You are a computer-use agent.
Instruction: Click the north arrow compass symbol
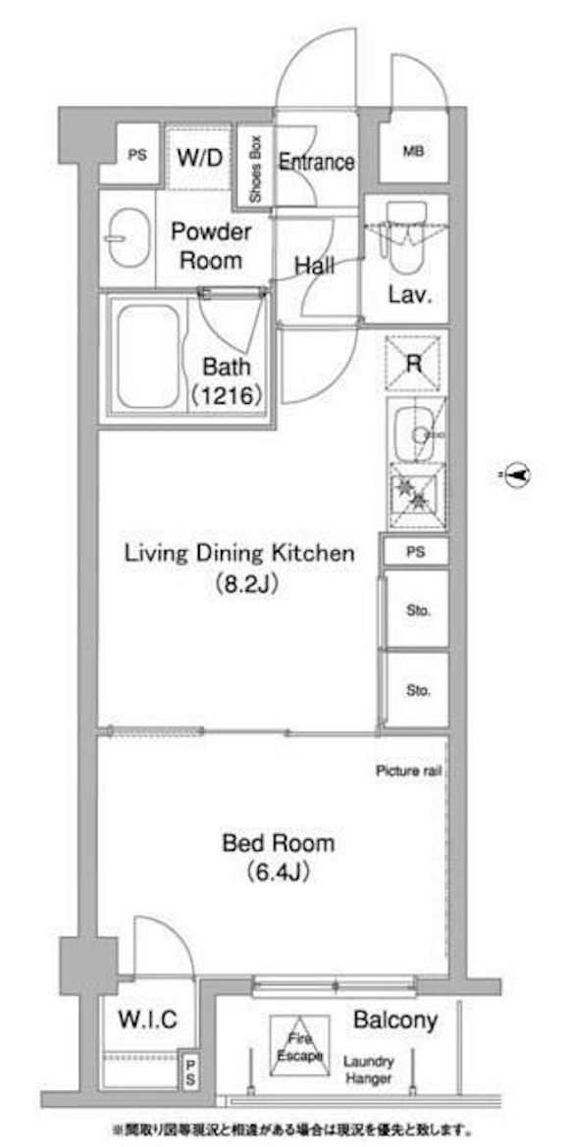[517, 475]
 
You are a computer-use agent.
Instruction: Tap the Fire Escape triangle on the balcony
[299, 1045]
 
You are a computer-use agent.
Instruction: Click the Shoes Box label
[256, 169]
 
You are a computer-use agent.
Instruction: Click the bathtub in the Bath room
[148, 356]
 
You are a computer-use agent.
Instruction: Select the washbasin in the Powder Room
[128, 238]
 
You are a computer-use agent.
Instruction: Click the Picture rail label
[408, 771]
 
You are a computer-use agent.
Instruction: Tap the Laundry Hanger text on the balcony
[370, 1071]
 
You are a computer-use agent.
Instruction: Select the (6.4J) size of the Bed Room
[279, 872]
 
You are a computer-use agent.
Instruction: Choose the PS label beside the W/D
[137, 155]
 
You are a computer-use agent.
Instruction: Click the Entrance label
[317, 162]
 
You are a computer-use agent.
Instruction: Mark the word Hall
[315, 267]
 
